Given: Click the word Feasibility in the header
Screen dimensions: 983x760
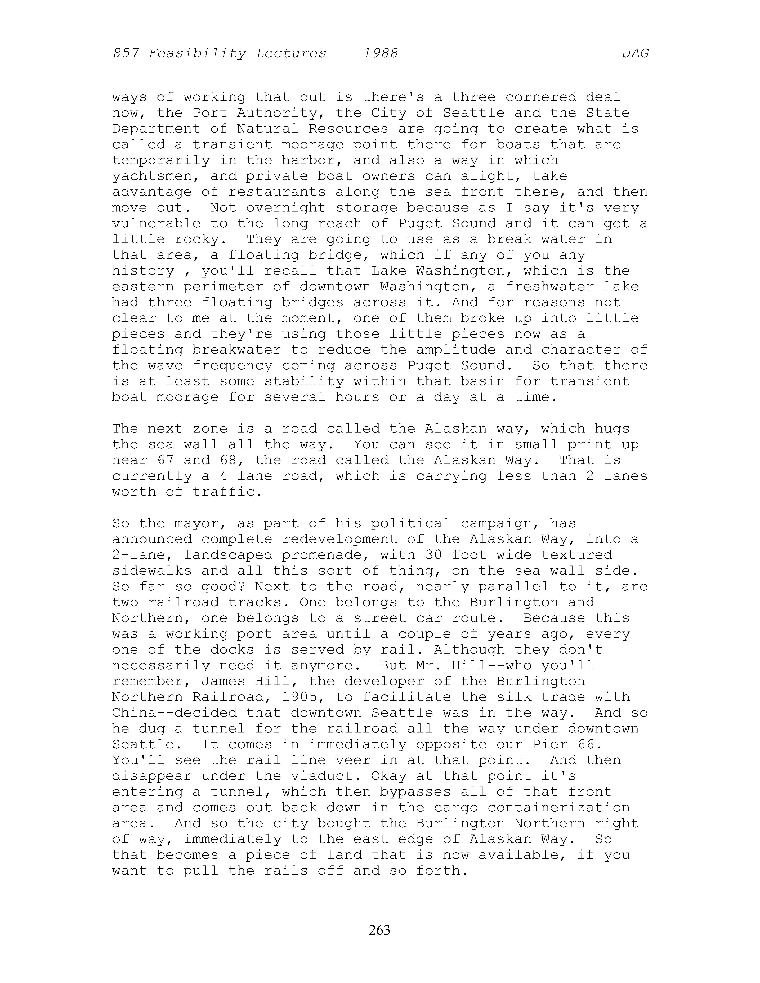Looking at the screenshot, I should click(x=197, y=54).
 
